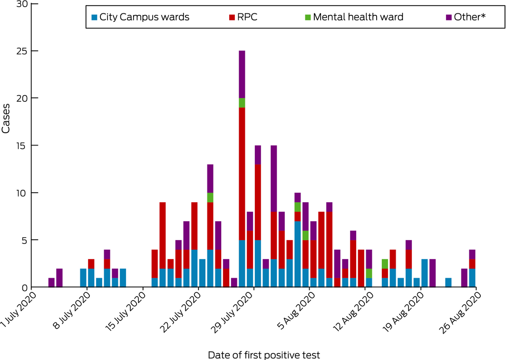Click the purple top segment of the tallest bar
pos(242,74)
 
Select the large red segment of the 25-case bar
pos(242,174)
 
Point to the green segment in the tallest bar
pos(242,103)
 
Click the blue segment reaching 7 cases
pos(298,254)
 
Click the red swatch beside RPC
pos(232,18)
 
